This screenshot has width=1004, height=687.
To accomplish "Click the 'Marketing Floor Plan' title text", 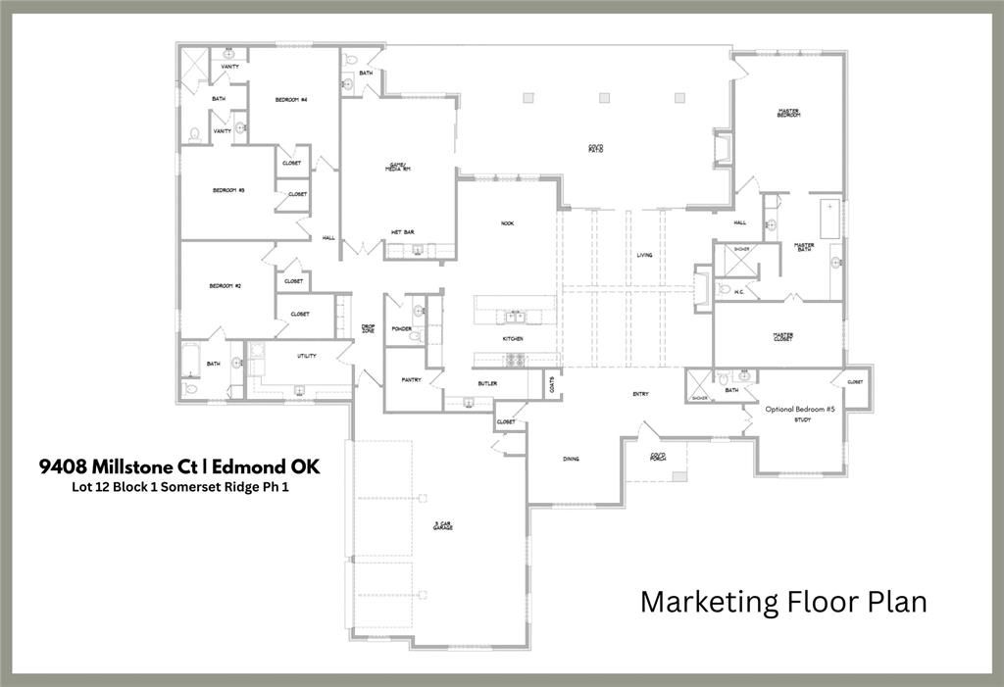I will tap(783, 601).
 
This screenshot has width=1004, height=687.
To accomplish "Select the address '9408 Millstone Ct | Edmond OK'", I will tap(179, 466).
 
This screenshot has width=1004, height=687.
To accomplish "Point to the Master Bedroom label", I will tap(788, 114).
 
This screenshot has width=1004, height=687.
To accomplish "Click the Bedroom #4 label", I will tap(291, 100).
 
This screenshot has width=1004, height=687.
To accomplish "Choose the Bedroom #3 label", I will tap(227, 190).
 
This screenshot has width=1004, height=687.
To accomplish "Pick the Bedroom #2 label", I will tap(225, 285).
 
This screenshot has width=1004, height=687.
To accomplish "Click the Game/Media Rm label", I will tap(397, 168).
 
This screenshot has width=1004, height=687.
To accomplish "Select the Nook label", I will tap(507, 223).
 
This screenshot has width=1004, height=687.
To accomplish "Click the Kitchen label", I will tap(513, 339).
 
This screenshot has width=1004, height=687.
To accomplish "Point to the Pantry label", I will tap(411, 379).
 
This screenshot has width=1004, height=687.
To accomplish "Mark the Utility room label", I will tap(306, 356).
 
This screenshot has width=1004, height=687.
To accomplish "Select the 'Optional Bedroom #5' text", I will tap(800, 409).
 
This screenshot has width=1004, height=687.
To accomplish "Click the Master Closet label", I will tap(782, 336).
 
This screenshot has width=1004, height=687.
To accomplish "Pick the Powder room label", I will tap(400, 329).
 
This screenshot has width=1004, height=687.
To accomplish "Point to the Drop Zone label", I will tap(368, 330).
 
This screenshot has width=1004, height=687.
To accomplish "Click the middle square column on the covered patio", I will tap(604, 97).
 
